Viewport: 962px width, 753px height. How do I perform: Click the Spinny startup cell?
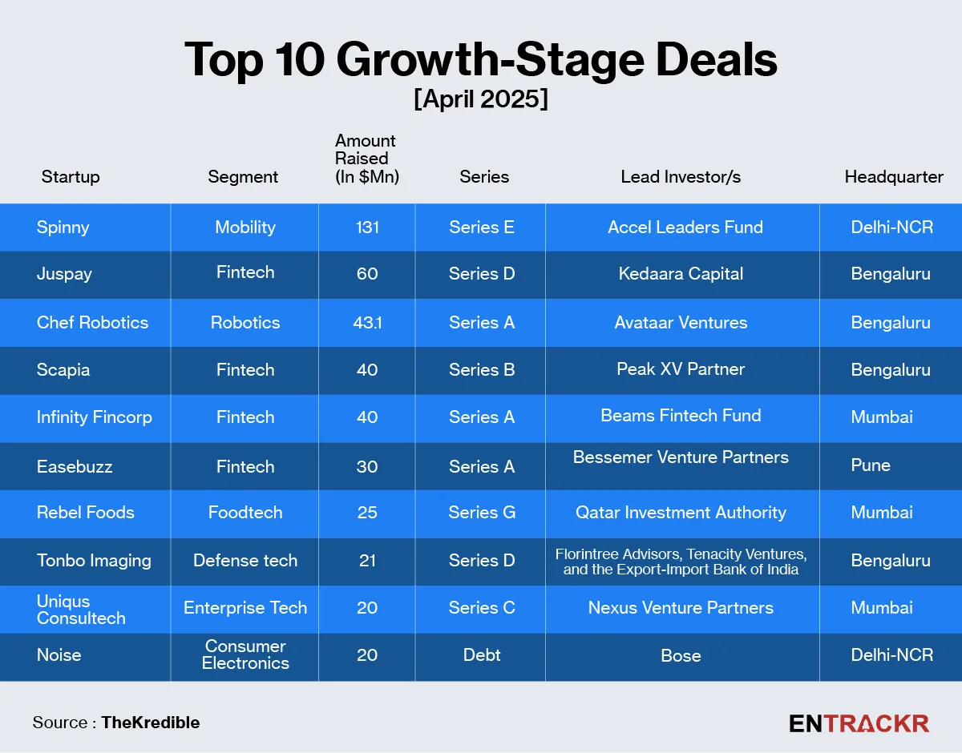(63, 228)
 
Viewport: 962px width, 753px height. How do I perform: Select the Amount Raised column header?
(366, 158)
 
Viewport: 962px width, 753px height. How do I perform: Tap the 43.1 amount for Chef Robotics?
(366, 323)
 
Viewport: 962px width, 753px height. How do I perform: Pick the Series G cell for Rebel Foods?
(482, 513)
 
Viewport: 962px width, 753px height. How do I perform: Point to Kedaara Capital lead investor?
(681, 274)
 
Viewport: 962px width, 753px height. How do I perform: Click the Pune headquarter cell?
(871, 465)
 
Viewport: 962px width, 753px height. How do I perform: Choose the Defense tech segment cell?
(245, 561)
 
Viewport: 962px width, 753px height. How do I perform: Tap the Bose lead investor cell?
(681, 656)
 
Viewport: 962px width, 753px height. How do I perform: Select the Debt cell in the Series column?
(482, 655)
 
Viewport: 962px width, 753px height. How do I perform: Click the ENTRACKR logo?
(859, 723)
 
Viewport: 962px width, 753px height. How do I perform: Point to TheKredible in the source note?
(151, 723)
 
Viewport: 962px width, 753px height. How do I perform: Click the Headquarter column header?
(894, 177)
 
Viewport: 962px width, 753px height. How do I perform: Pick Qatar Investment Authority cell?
(681, 513)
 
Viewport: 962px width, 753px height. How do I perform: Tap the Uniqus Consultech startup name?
(81, 610)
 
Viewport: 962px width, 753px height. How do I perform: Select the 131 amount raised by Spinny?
(366, 228)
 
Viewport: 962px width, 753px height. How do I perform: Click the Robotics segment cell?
(245, 323)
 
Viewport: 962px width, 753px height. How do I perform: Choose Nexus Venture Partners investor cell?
(681, 608)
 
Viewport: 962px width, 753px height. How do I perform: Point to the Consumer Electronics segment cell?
(245, 654)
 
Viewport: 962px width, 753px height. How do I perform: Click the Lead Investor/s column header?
(681, 177)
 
